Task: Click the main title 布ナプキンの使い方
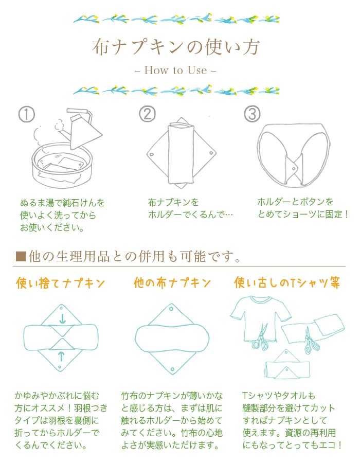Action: [176, 47]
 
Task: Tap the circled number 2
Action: [147, 114]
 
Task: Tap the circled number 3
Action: [251, 114]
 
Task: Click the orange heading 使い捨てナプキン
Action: [61, 283]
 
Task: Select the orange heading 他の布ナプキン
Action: [172, 283]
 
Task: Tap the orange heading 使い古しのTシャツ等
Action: [288, 283]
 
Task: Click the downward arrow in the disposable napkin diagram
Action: [62, 318]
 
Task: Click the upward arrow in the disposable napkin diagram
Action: [62, 355]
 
